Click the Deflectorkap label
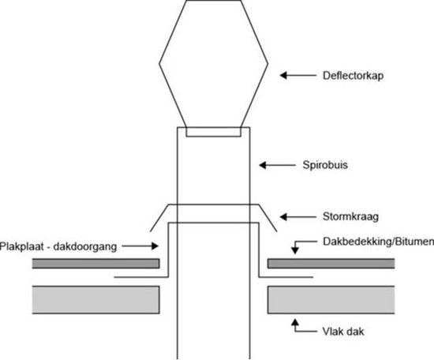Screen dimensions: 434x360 click(353, 76)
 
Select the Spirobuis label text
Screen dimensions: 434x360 click(325, 165)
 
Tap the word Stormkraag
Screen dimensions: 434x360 click(350, 216)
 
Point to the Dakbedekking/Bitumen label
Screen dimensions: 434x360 click(378, 242)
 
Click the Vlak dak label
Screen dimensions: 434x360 click(343, 332)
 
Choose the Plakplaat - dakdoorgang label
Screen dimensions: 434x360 click(58, 246)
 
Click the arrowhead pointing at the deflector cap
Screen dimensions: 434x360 click(283, 75)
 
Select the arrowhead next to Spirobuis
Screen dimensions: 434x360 click(263, 165)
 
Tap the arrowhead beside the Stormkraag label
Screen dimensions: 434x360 click(283, 216)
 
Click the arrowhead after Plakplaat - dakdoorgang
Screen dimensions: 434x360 click(155, 246)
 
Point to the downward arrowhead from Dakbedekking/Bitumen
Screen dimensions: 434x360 click(295, 250)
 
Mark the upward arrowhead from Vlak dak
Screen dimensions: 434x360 click(295, 323)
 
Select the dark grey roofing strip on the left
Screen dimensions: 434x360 click(95, 264)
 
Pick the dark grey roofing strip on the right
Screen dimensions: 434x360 click(331, 264)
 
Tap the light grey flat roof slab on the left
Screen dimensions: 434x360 click(95, 300)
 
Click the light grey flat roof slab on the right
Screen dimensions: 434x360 click(331, 300)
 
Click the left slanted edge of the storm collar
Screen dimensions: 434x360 click(159, 218)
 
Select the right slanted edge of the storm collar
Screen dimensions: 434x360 click(268, 218)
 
